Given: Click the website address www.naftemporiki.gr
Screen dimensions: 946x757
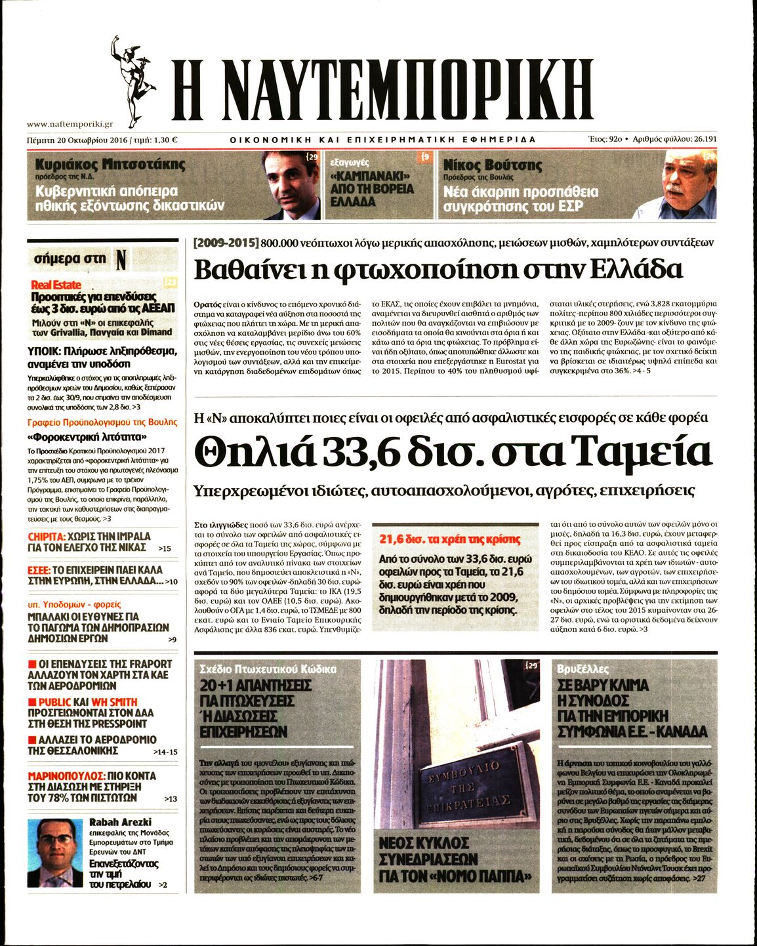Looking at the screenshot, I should click(70, 123).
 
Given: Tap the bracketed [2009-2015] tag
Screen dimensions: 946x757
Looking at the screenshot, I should click(226, 243).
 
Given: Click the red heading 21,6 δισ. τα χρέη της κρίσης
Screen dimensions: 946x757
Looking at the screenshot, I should click(449, 539).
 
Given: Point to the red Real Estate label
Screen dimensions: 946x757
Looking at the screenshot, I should click(56, 285).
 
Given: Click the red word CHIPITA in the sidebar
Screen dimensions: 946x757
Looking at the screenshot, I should click(47, 537).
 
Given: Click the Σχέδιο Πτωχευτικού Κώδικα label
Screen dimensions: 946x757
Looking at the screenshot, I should click(268, 669).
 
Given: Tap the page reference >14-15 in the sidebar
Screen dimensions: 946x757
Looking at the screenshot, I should click(165, 752).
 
